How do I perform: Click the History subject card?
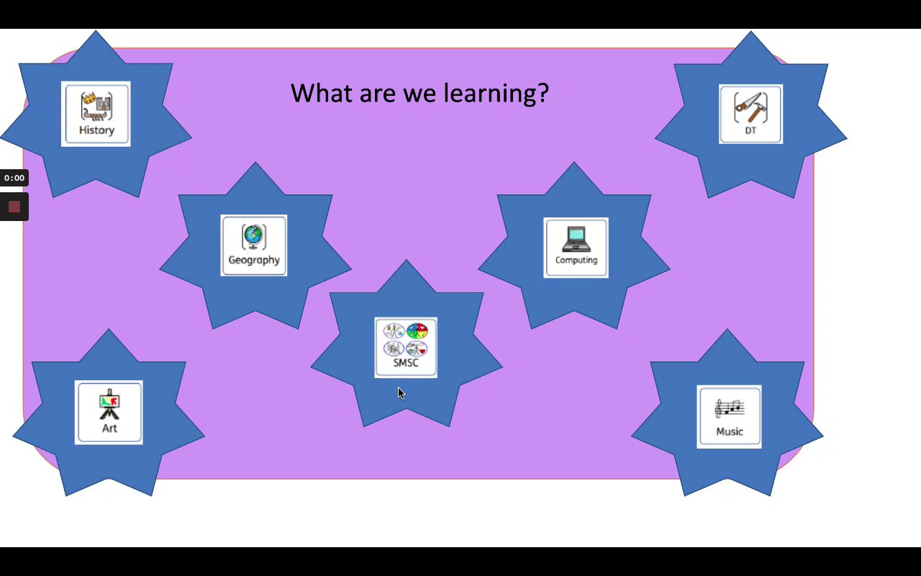[96, 114]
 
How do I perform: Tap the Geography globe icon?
[254, 237]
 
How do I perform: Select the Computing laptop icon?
[576, 239]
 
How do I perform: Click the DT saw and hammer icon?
[750, 107]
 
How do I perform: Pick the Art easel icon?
[109, 405]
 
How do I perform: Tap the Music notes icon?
[730, 408]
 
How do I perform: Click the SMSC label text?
[406, 363]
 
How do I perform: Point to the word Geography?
[254, 261]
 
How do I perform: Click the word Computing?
[576, 261]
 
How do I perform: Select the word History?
[96, 130]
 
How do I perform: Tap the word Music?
[730, 431]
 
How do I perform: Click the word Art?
[110, 428]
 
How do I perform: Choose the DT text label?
[750, 130]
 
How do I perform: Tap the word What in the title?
[322, 93]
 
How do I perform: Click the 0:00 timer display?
[14, 178]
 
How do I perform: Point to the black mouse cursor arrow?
[401, 393]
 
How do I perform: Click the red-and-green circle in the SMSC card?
[417, 330]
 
